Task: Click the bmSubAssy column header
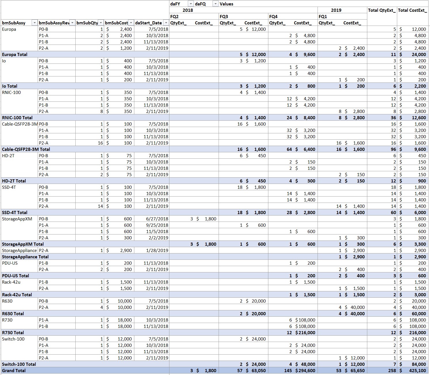click(x=14, y=23)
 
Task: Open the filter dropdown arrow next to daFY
click(x=190, y=4)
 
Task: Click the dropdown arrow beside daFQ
click(x=215, y=4)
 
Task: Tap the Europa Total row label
click(x=15, y=55)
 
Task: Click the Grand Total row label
click(x=14, y=371)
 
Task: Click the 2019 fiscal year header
click(x=336, y=10)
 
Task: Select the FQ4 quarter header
click(x=273, y=17)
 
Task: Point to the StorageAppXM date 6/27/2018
click(x=157, y=219)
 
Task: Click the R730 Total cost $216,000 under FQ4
click(x=305, y=333)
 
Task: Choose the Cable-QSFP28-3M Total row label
click(x=26, y=149)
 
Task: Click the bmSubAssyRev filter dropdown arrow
click(x=72, y=23)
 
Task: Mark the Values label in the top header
click(x=226, y=4)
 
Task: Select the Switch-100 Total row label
click(x=19, y=364)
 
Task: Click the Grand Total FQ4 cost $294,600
click(x=305, y=371)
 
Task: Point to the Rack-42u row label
click(x=11, y=282)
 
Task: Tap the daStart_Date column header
click(x=148, y=23)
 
